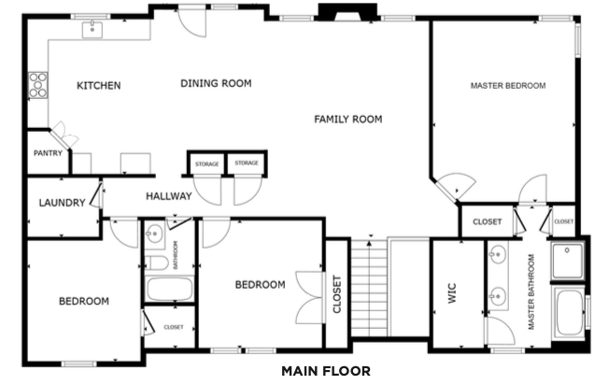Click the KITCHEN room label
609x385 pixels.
pyautogui.click(x=99, y=85)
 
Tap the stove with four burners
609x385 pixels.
pyautogui.click(x=38, y=85)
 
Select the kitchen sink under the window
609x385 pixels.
pyautogui.click(x=92, y=30)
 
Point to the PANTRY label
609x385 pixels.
pyautogui.click(x=48, y=153)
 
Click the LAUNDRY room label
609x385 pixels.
pyautogui.click(x=63, y=203)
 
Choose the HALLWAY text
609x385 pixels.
pyautogui.click(x=169, y=196)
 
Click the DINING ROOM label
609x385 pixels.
pyautogui.click(x=216, y=83)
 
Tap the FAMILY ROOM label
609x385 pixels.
pyautogui.click(x=348, y=119)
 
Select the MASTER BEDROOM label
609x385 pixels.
pyautogui.click(x=508, y=85)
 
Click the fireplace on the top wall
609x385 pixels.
pyautogui.click(x=347, y=11)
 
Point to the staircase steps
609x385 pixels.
pyautogui.click(x=369, y=288)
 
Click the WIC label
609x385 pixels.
pyautogui.click(x=452, y=292)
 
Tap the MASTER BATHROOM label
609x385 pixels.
pyautogui.click(x=531, y=292)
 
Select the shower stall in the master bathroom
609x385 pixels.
pyautogui.click(x=568, y=261)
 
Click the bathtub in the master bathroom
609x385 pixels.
pyautogui.click(x=570, y=313)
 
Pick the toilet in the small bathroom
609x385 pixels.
pyautogui.click(x=157, y=263)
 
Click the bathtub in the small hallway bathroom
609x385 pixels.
pyautogui.click(x=169, y=289)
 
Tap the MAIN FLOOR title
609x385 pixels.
pyautogui.click(x=326, y=371)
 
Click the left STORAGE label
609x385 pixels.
pyautogui.click(x=207, y=164)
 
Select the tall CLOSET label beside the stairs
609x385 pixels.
pyautogui.click(x=337, y=294)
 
